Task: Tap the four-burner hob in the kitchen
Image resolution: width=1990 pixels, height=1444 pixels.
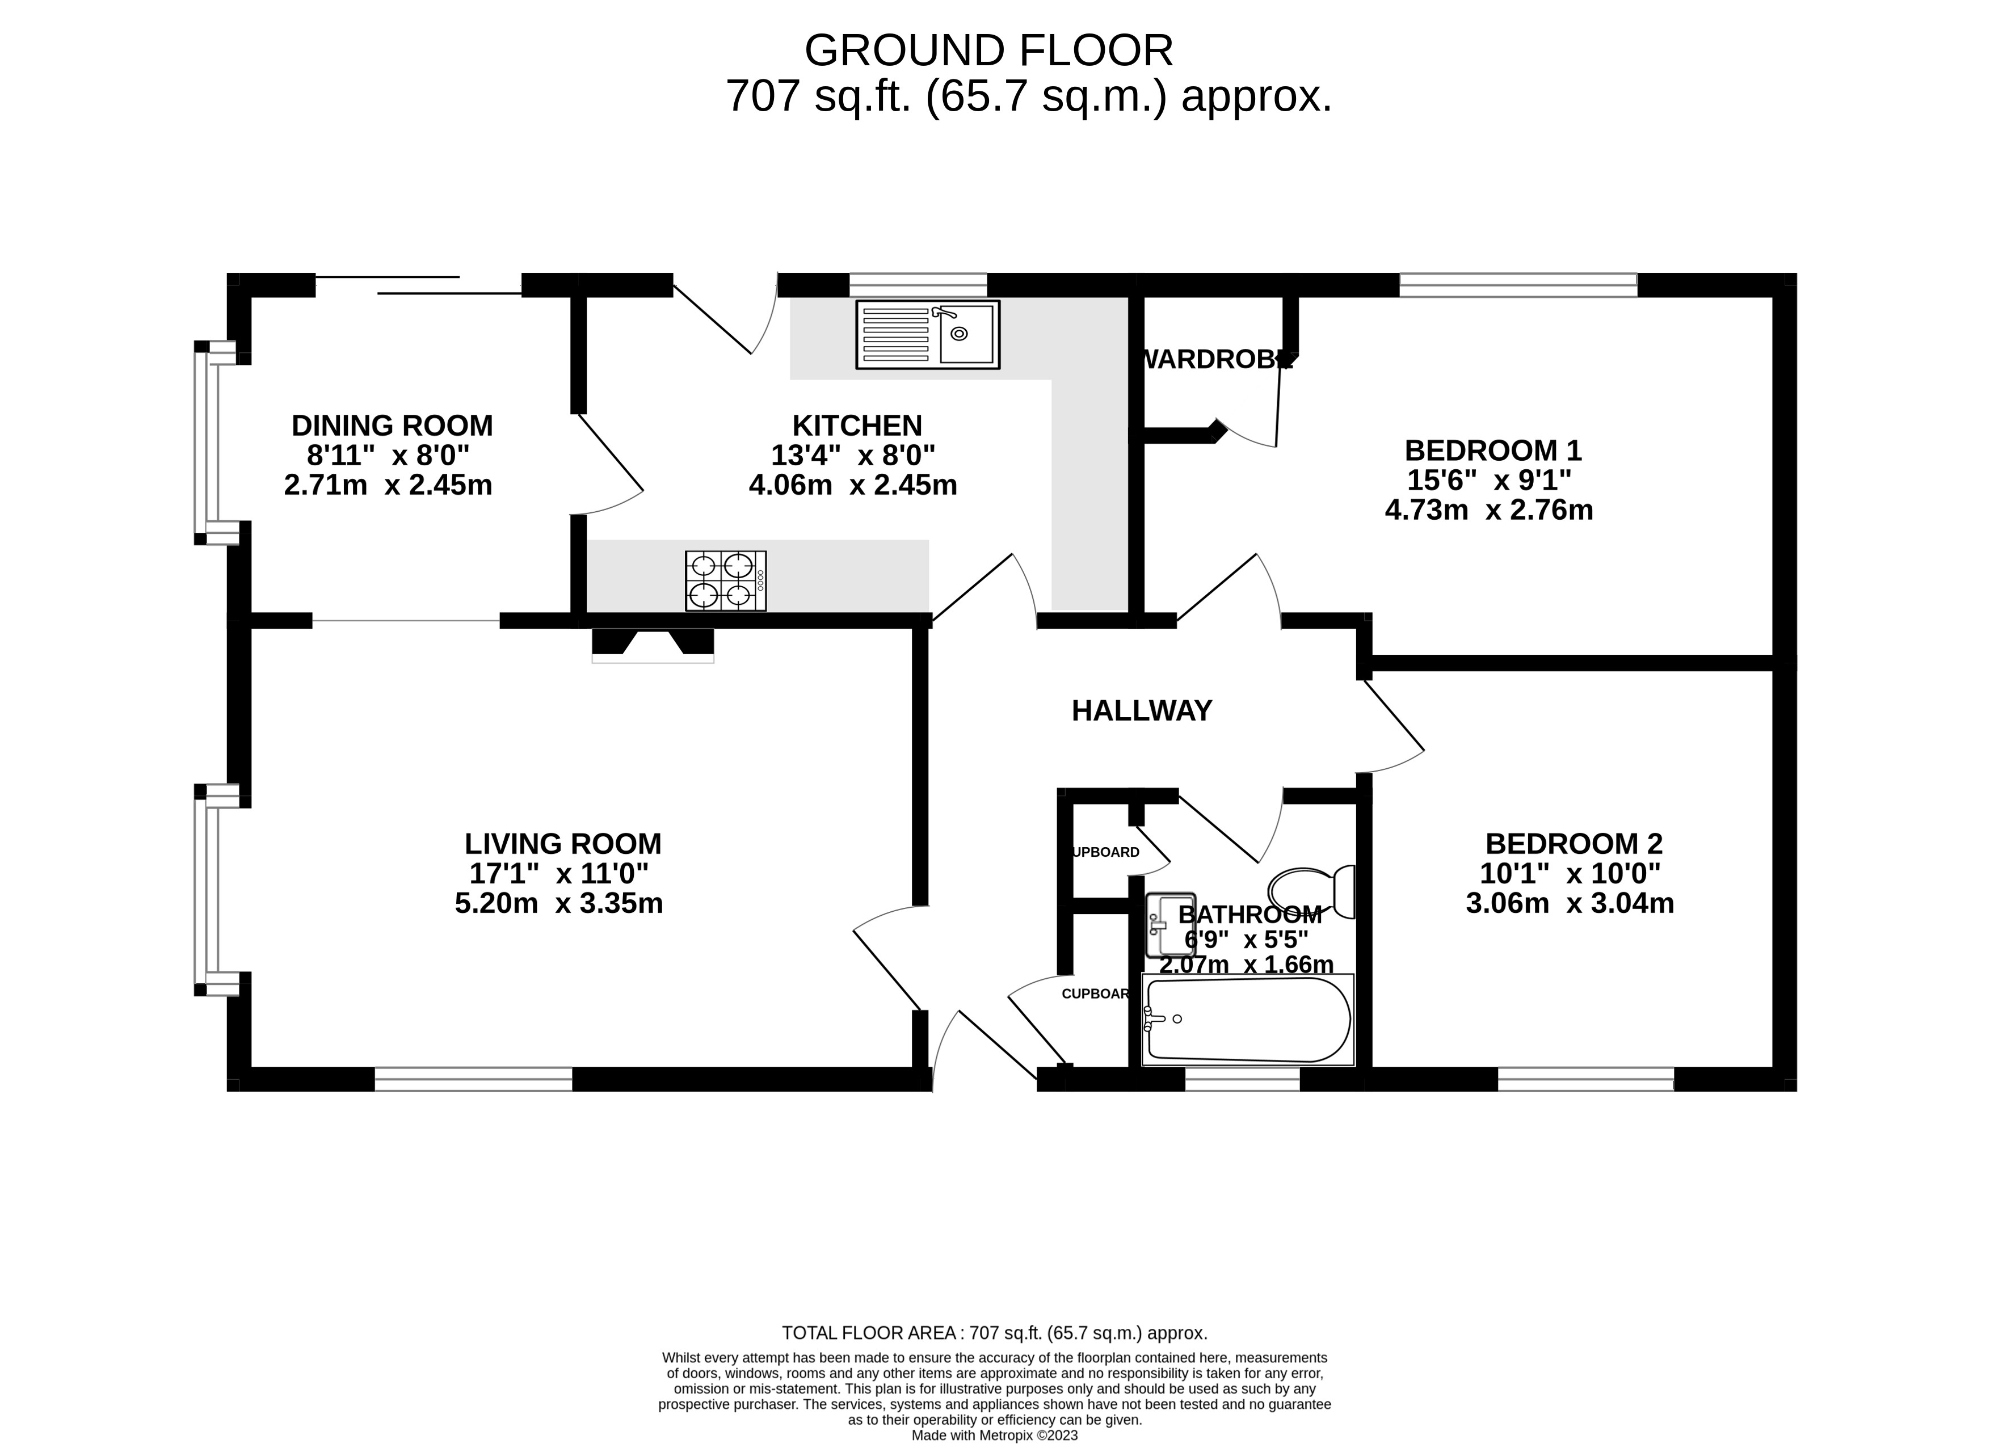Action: (x=726, y=581)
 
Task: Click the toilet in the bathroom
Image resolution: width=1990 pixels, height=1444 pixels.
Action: (x=1312, y=891)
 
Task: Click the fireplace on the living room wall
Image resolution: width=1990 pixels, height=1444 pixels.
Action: (x=653, y=644)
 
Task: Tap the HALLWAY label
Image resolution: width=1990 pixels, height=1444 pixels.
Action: (x=1142, y=710)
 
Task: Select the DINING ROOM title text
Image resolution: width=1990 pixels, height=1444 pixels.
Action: (x=392, y=426)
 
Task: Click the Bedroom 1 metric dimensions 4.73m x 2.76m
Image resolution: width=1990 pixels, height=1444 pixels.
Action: (x=1489, y=510)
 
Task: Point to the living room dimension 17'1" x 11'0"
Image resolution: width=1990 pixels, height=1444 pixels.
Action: (x=559, y=873)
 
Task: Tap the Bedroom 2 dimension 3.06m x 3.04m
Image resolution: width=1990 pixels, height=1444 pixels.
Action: (x=1570, y=903)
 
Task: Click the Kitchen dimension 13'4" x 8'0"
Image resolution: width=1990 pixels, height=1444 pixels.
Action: (x=853, y=455)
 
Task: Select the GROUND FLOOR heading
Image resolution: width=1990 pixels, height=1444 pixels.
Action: (x=989, y=51)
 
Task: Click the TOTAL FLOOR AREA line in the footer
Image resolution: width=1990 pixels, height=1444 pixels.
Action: (x=994, y=1333)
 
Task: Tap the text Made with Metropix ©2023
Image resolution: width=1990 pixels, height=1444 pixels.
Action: (x=994, y=1435)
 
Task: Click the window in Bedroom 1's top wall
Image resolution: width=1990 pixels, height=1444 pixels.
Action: (x=1518, y=285)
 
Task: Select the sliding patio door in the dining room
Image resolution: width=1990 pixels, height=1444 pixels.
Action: (x=419, y=285)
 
